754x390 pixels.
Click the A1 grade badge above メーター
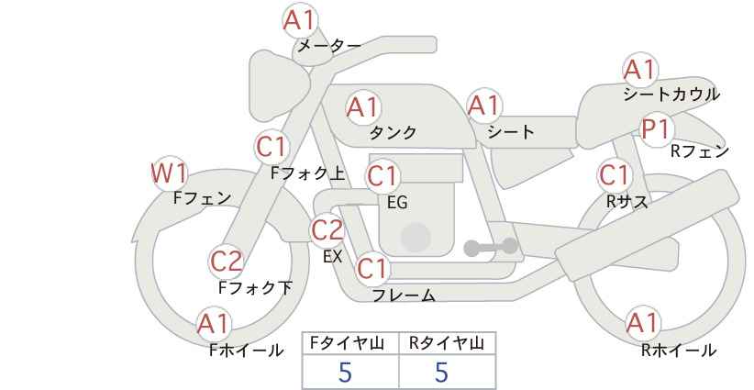tap(300, 20)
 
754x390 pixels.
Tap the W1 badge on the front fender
tap(169, 173)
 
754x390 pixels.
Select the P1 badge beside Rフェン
tap(657, 129)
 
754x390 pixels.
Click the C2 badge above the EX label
tap(327, 230)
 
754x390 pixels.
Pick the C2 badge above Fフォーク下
tap(227, 262)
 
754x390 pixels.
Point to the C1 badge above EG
tap(383, 176)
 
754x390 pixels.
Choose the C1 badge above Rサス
tap(615, 175)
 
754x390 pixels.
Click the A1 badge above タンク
tap(363, 107)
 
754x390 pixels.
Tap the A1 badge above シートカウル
tap(640, 70)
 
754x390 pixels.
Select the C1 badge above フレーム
tap(372, 268)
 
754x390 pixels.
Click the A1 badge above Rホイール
tap(642, 323)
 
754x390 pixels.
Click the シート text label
tap(511, 132)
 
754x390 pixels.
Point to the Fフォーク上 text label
tap(308, 173)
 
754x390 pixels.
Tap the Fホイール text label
tap(246, 351)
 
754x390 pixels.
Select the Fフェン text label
tap(202, 197)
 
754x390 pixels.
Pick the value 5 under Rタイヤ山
tap(441, 372)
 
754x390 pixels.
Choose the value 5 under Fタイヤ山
tap(345, 372)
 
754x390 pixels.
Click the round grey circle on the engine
tap(416, 238)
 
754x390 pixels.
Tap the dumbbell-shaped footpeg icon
tap(491, 247)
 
